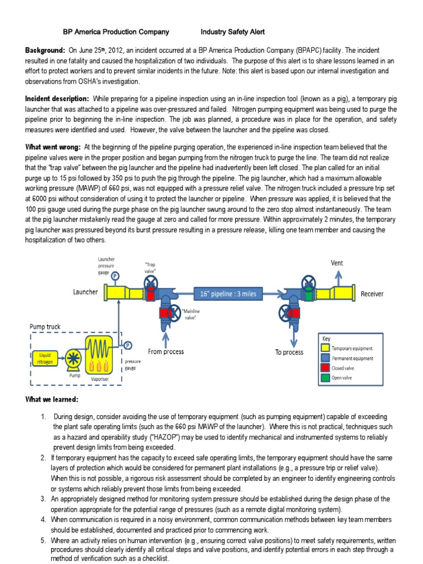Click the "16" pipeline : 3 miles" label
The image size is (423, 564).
tap(228, 294)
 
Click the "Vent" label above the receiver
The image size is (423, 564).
tap(337, 263)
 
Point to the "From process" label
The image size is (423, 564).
tap(166, 351)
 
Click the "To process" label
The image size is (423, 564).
tap(289, 352)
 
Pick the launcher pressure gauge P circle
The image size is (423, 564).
tap(115, 276)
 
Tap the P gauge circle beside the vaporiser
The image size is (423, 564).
tap(128, 345)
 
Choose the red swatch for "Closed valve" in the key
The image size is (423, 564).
tap(326, 368)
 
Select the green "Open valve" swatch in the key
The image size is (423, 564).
tap(326, 378)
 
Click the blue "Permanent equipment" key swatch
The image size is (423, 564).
tap(326, 358)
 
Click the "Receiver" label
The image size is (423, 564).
tap(372, 294)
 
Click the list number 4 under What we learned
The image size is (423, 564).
tap(43, 519)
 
